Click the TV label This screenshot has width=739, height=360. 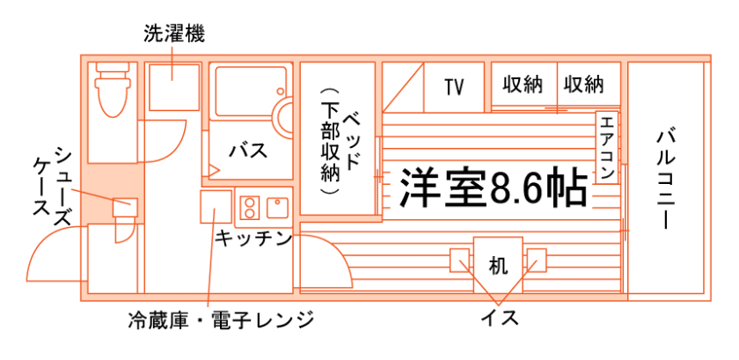454,86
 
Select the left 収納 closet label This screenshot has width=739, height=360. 523,85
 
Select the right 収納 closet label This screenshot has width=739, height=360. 584,85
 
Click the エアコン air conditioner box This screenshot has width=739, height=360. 607,146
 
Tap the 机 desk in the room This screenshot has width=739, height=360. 497,263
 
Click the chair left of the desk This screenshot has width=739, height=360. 462,261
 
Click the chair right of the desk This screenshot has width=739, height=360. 535,261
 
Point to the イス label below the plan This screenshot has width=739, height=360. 499,317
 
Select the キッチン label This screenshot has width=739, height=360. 253,238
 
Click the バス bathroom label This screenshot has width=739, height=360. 248,150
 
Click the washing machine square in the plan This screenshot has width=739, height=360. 172,84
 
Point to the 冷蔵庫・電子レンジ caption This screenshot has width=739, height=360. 220,319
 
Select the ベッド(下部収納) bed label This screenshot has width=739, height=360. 338,141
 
